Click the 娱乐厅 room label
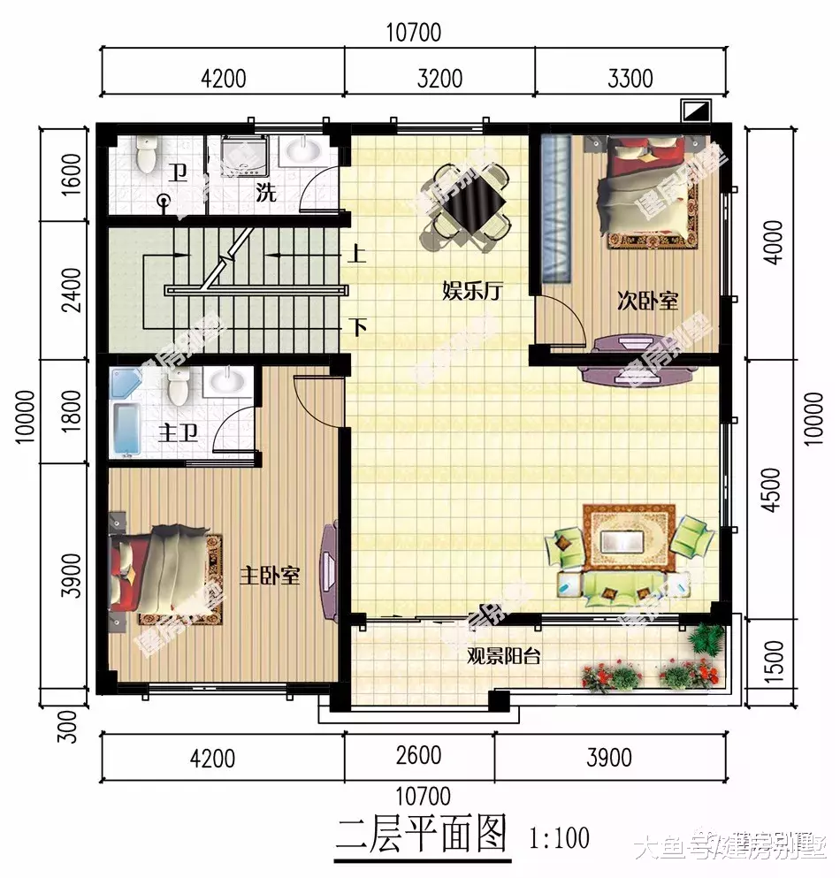[x=472, y=292]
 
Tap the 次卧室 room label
[x=647, y=301]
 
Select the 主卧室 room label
[x=269, y=576]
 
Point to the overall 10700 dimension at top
[x=413, y=33]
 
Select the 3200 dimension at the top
[x=439, y=79]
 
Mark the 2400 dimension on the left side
[x=72, y=289]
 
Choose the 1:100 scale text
[x=559, y=836]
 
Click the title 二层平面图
[x=423, y=835]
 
